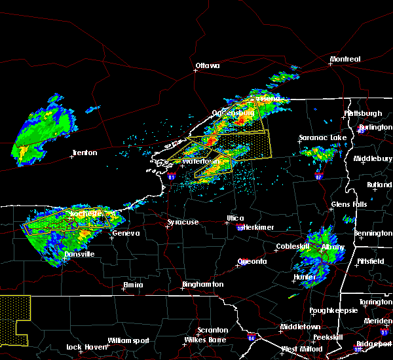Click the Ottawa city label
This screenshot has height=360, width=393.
(x=207, y=65)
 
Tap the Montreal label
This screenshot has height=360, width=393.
(x=345, y=60)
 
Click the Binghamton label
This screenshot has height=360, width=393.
(x=202, y=285)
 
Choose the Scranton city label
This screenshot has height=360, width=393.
(x=214, y=330)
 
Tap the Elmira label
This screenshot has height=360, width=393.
(x=133, y=285)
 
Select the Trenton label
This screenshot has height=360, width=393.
(x=84, y=153)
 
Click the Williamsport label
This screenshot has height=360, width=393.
(x=129, y=340)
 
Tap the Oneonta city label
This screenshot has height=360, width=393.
(x=252, y=261)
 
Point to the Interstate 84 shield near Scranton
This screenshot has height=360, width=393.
(x=252, y=338)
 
